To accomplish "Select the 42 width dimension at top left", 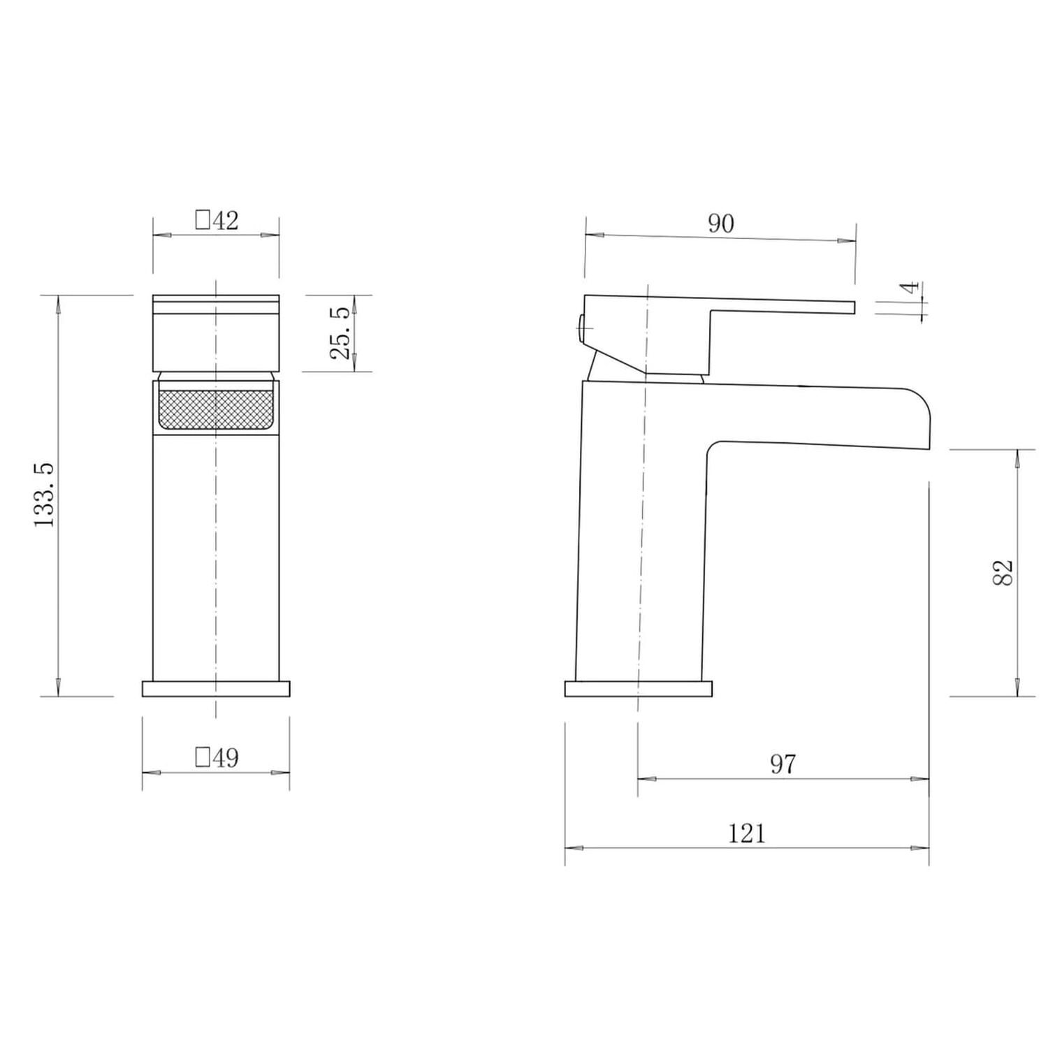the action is pyautogui.click(x=226, y=221).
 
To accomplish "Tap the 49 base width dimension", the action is pyautogui.click(x=226, y=757).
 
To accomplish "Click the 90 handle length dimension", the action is pyautogui.click(x=721, y=224).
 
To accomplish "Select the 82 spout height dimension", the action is pyautogui.click(x=1002, y=573).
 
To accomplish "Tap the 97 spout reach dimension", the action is pyautogui.click(x=783, y=764).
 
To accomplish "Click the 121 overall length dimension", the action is pyautogui.click(x=747, y=834).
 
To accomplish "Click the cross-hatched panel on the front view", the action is pyautogui.click(x=215, y=409).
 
